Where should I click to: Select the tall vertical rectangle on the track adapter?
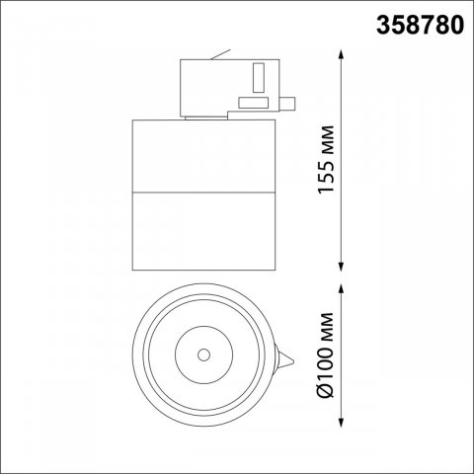(x=259, y=78)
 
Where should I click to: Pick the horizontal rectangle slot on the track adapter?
(x=255, y=102)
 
